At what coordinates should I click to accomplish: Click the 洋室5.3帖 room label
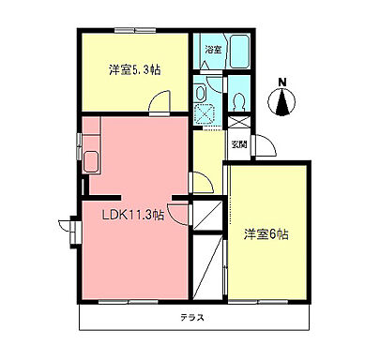pos(131,69)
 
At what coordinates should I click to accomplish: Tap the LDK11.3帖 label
pos(133,215)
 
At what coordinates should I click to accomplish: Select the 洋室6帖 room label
pos(266,233)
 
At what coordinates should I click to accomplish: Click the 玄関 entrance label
pos(238,144)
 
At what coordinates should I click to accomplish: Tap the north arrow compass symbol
pos(281,100)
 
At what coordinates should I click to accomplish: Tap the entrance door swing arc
pos(263,144)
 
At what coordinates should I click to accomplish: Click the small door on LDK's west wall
pos(68,228)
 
